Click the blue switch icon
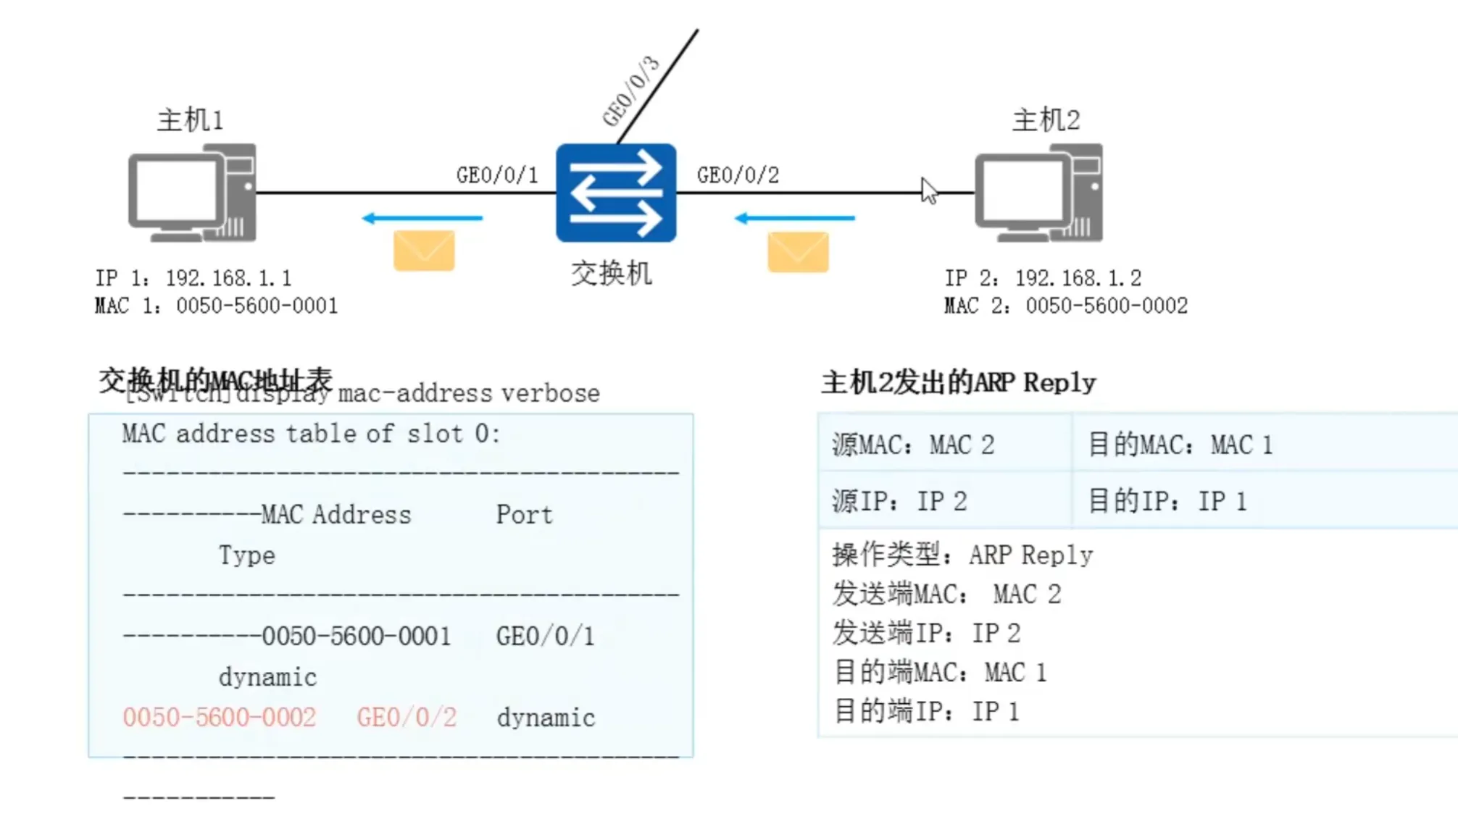tap(616, 193)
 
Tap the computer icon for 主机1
tap(193, 193)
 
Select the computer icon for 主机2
tap(1039, 193)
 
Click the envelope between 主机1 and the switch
tap(424, 251)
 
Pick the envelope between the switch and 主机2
tap(798, 251)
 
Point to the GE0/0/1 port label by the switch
tap(497, 175)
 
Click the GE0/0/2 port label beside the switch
tap(738, 175)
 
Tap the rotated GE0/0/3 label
tap(631, 91)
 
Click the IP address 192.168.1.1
tap(228, 278)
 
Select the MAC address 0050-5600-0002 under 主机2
tap(1106, 306)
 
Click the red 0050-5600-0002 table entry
tap(220, 718)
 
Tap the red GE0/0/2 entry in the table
tap(407, 718)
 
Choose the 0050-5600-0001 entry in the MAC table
tap(356, 637)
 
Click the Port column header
tap(524, 515)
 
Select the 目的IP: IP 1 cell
tap(1167, 501)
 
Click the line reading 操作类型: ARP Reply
tap(962, 555)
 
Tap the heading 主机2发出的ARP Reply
tap(958, 382)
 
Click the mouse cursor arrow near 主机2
tap(928, 190)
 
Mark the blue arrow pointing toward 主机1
tap(422, 218)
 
